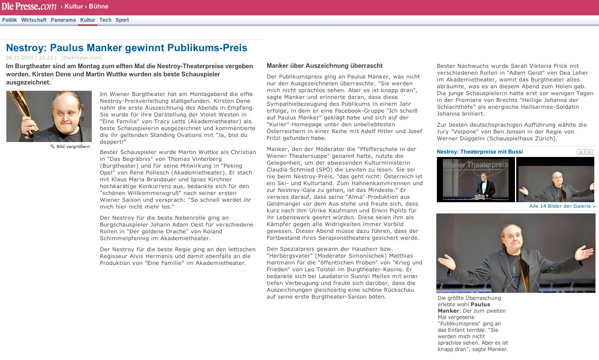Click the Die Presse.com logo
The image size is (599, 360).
29,6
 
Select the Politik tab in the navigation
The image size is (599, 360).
9,20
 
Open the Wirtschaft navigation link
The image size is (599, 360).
34,20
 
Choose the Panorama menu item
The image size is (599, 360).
63,20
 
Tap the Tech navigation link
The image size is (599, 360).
105,20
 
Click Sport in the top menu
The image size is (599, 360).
122,20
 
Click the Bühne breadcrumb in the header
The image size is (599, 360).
99,6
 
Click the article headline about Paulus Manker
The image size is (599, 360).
127,48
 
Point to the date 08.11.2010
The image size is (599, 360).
20,58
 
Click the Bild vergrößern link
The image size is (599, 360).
73,147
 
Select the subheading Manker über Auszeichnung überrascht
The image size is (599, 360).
325,66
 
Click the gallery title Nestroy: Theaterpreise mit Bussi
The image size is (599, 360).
480,152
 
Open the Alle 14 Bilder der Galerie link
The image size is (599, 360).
562,206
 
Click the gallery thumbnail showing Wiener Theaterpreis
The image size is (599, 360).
476,179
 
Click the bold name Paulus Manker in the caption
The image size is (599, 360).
480,305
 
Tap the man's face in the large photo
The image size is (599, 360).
515,238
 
